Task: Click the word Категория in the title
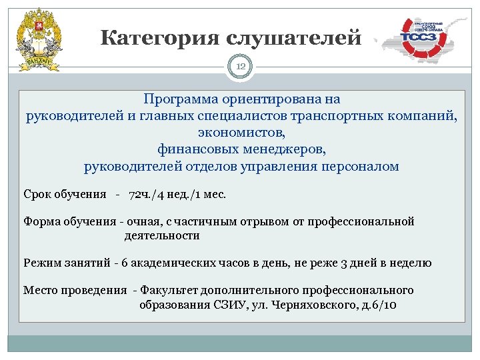pos(159,38)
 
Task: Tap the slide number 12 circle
pos(240,67)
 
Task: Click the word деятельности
pos(161,235)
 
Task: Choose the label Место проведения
pos(75,291)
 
